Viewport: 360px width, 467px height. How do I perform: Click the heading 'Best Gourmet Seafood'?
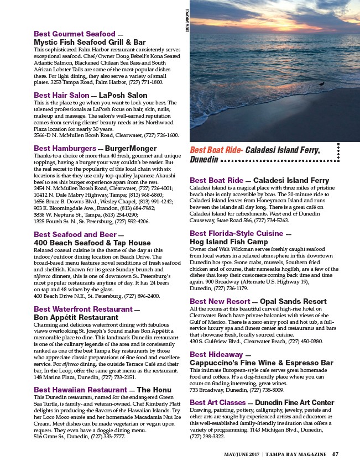[74, 34]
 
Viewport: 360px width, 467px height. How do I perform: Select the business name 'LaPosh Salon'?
[123, 96]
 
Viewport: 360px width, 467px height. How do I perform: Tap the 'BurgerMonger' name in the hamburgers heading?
[130, 149]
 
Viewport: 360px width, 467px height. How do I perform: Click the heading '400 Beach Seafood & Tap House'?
[92, 243]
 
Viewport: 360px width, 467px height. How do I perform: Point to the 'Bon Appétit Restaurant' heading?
[76, 318]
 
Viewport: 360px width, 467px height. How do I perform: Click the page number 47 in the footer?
[335, 454]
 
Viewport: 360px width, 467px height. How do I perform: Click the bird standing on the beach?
[321, 85]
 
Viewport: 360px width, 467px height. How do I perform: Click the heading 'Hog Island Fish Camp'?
[228, 242]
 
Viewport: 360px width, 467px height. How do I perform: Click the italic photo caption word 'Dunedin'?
[203, 160]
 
